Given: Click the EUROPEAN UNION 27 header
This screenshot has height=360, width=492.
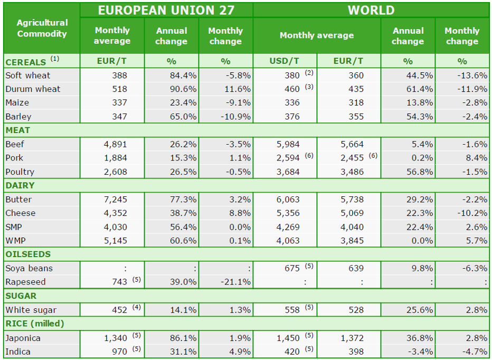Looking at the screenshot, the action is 166,11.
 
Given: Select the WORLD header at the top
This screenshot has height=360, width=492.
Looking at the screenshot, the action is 371,11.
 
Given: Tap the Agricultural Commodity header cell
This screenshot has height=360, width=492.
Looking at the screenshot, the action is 42,29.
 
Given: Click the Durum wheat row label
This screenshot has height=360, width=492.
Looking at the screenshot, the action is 33,89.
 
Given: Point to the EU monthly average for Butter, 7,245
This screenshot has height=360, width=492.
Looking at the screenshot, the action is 116,200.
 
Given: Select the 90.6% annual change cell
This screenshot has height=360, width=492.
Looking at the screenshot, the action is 183,89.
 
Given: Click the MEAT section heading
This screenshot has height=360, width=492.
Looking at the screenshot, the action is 18,130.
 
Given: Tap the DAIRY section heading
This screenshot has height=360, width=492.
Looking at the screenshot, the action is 20,185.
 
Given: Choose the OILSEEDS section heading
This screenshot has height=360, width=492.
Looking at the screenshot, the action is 28,254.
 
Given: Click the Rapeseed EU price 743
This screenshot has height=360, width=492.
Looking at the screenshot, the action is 119,282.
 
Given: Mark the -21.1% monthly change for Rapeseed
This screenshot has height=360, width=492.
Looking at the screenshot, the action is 235,282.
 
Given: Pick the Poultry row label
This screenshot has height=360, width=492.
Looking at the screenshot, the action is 20,172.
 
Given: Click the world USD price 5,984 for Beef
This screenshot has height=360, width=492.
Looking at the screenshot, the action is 288,145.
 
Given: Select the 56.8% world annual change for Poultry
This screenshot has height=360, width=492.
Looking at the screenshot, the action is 420,172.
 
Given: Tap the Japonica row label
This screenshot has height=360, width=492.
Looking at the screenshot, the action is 23,338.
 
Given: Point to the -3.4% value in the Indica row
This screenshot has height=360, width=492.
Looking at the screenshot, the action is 421,352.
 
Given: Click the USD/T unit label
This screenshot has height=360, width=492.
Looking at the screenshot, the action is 285,61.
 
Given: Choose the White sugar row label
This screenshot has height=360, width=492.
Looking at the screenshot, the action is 31,310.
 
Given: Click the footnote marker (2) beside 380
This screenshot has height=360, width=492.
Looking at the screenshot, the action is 309,73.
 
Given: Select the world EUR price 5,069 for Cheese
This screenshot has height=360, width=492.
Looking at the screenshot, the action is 352,213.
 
